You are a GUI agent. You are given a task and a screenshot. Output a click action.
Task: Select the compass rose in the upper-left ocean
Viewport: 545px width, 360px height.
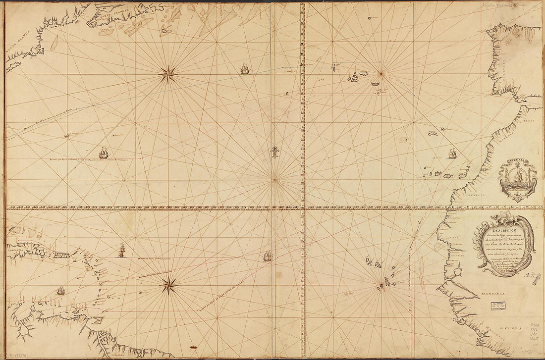(168, 74)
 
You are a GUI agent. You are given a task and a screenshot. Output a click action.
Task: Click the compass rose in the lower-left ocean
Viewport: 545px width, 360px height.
(168, 285)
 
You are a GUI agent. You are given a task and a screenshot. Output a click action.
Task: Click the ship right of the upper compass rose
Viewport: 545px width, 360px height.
(244, 69)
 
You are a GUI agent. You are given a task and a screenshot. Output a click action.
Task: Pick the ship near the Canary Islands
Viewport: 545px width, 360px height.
(452, 154)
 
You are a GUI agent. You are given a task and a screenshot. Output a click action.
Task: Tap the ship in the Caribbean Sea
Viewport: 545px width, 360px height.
(121, 251)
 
